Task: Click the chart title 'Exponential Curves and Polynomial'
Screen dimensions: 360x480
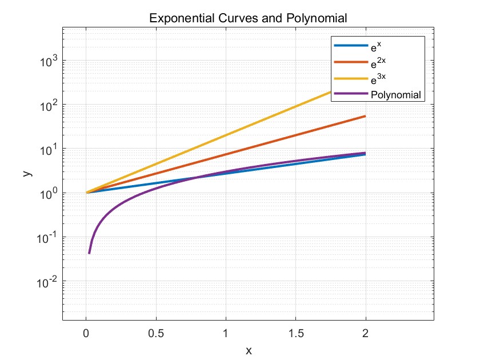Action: [x=248, y=18]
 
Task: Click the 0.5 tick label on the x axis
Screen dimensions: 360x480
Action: [x=155, y=334]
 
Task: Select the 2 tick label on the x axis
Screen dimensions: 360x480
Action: [x=365, y=334]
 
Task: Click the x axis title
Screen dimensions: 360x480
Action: [x=249, y=350]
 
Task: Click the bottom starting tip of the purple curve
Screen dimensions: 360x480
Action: [x=89, y=253]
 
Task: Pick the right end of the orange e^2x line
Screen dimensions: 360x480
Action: [x=365, y=117]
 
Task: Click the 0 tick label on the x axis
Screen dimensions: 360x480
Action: [x=86, y=334]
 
